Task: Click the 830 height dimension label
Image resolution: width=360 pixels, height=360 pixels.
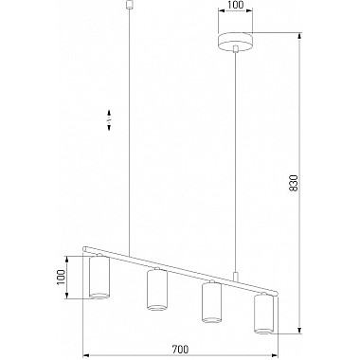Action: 294,183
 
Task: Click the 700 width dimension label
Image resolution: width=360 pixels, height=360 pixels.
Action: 180,350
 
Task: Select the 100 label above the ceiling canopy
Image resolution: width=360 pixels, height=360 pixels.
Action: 236,5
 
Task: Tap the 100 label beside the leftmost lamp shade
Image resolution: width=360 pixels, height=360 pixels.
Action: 61,278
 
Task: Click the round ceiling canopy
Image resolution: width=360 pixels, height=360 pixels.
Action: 236,42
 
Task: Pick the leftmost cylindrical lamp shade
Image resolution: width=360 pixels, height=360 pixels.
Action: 99,277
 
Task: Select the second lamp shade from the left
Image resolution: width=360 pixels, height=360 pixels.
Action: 157,290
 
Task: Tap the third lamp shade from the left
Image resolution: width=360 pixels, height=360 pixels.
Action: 211,302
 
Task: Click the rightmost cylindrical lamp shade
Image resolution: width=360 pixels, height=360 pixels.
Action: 263,315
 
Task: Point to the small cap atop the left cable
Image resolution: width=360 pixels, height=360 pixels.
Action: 129,5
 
